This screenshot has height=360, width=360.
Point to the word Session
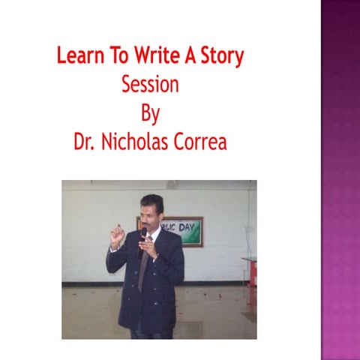pos(150,85)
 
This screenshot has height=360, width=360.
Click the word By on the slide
pos(150,114)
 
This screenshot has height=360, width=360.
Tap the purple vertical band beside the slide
pos(340,180)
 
